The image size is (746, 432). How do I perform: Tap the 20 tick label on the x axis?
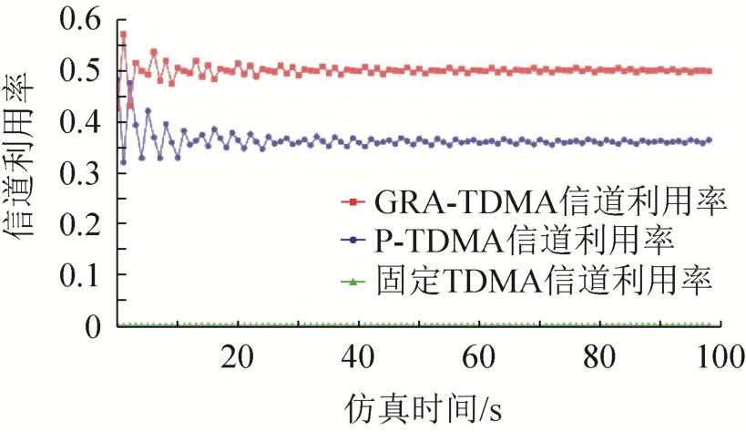click(x=237, y=355)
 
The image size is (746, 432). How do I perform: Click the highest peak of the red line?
click(x=123, y=35)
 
